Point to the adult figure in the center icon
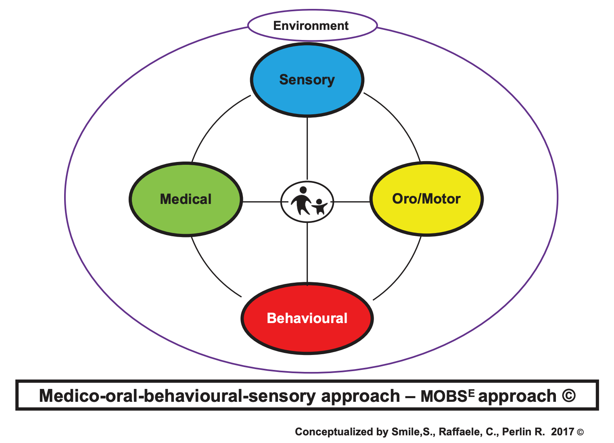pos(301,200)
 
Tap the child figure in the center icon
pos(320,206)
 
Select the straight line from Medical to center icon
pos(261,202)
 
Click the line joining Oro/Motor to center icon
pos(352,202)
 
